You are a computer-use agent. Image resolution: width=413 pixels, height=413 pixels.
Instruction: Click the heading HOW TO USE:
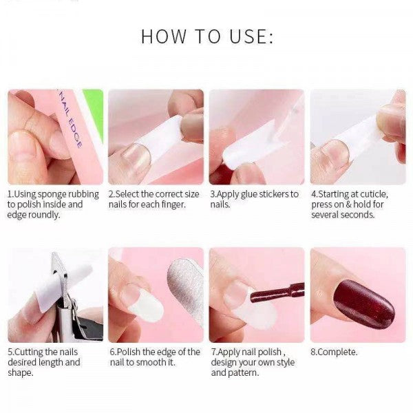206,36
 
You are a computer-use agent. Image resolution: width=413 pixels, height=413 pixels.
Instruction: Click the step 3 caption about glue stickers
255,200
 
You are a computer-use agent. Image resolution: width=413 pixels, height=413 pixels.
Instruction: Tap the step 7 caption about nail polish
255,362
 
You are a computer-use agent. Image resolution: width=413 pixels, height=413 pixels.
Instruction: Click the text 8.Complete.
335,352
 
